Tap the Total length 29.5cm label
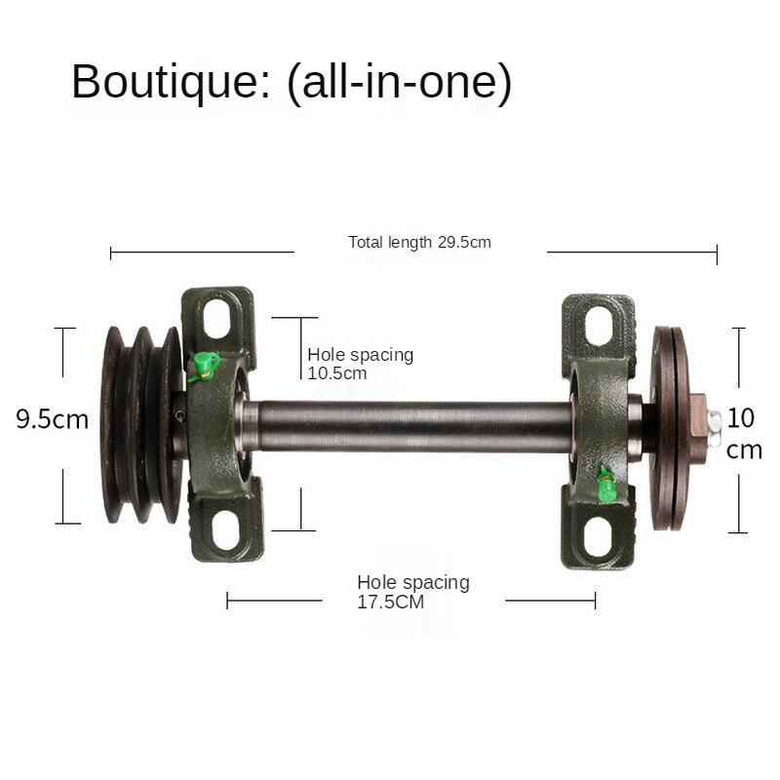click(x=419, y=242)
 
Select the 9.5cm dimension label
click(x=52, y=420)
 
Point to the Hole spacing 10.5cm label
click(x=360, y=363)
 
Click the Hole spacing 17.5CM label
click(x=412, y=592)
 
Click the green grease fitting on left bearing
click(x=203, y=367)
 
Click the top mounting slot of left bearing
click(x=221, y=318)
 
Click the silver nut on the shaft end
click(x=715, y=421)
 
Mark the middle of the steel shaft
click(x=409, y=428)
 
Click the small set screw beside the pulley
click(x=178, y=417)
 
